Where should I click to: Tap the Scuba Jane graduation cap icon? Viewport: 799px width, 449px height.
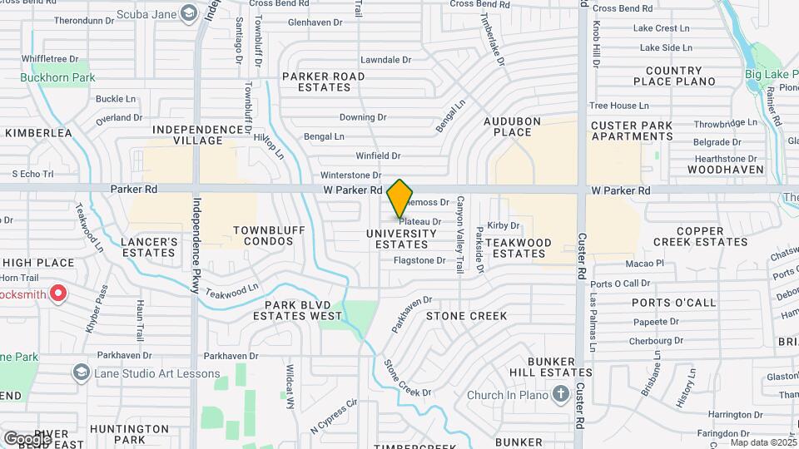coord(190,12)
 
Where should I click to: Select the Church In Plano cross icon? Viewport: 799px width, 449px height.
coord(561,393)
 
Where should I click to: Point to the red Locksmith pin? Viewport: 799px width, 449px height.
coord(58,293)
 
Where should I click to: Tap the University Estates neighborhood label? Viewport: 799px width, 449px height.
coord(401,239)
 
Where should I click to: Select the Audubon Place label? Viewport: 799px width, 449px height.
coord(513,126)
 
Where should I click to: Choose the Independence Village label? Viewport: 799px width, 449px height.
coord(197,135)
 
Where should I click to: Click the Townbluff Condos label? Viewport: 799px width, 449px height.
coord(263,235)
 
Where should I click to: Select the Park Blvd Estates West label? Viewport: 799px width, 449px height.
coord(297,311)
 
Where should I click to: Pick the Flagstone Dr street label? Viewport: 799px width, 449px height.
coord(419,260)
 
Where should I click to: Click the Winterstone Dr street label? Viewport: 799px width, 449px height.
coord(350,175)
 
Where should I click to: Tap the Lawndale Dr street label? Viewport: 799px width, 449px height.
coord(385,60)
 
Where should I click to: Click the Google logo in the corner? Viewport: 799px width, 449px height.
coord(27,438)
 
